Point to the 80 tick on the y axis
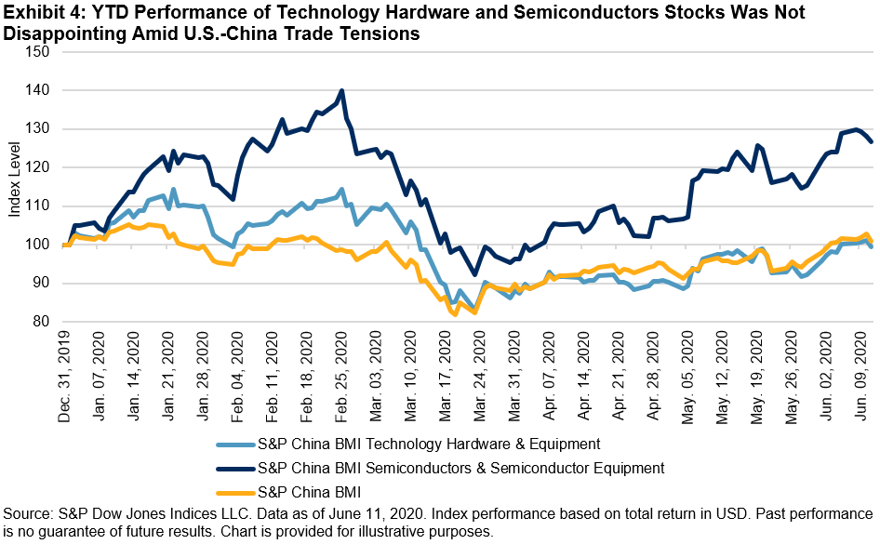point(40,322)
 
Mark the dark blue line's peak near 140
point(342,91)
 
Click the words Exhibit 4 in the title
point(38,12)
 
